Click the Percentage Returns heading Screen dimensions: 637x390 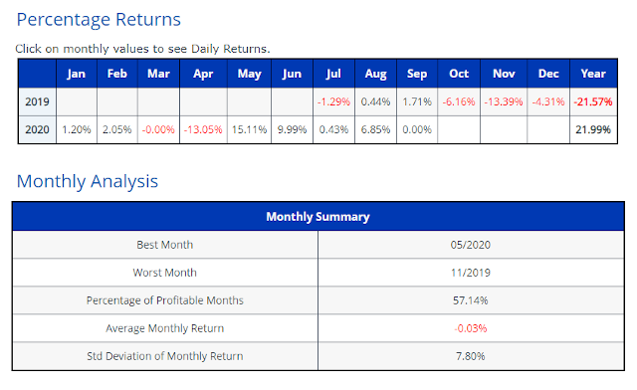(x=99, y=20)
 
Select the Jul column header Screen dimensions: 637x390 (x=333, y=74)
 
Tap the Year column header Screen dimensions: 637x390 (x=593, y=74)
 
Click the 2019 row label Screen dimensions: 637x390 (x=37, y=101)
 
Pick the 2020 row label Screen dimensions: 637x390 (x=37, y=129)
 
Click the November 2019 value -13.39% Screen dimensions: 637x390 (x=504, y=101)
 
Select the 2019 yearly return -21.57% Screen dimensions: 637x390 (x=593, y=101)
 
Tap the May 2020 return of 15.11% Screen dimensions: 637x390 (x=249, y=129)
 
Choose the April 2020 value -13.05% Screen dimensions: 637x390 (x=203, y=129)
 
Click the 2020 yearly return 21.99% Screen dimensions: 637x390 (x=593, y=129)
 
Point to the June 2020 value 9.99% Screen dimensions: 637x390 (x=292, y=129)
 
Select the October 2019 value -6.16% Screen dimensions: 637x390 (x=459, y=101)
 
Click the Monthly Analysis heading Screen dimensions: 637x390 (x=88, y=181)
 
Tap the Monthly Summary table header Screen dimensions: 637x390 (x=318, y=217)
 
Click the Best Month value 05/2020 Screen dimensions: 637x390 (x=471, y=245)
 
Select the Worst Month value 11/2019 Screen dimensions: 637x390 (x=471, y=273)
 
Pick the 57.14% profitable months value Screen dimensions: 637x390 (x=471, y=300)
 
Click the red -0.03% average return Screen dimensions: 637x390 (x=471, y=328)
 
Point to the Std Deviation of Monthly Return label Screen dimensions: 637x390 (x=165, y=356)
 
